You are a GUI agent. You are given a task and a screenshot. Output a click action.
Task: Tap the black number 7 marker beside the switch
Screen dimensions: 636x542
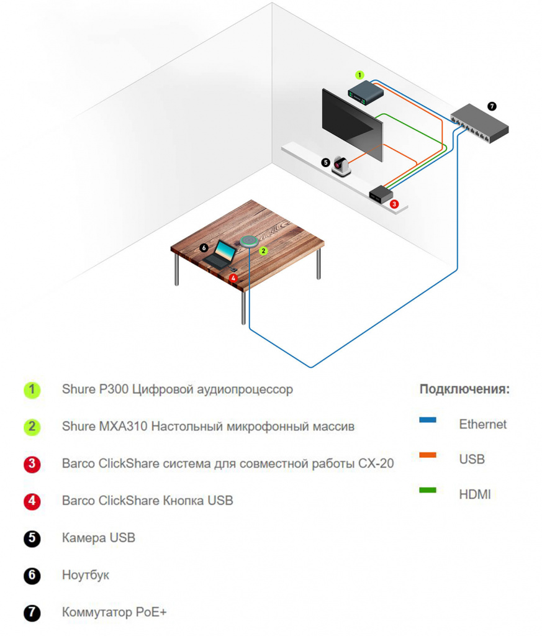tap(492, 106)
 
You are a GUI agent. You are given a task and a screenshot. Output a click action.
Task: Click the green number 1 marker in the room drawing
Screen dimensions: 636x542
tap(359, 75)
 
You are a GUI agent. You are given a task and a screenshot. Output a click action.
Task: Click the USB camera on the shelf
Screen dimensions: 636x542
tap(341, 166)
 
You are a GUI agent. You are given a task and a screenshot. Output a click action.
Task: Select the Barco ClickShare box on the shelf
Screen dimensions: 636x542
tap(379, 194)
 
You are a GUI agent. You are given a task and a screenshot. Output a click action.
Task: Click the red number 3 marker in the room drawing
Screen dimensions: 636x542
tap(394, 203)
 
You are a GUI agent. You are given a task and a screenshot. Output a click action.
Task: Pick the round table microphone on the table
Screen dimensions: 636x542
tap(249, 241)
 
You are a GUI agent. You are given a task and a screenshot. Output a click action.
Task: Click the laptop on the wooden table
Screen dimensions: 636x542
tap(220, 253)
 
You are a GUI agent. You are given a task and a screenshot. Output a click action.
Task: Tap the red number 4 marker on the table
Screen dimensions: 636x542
tap(233, 278)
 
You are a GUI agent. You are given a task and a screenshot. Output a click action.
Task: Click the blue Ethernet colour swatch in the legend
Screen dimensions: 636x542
tap(428, 420)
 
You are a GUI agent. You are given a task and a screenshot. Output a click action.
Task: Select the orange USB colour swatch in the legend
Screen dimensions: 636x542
tap(428, 455)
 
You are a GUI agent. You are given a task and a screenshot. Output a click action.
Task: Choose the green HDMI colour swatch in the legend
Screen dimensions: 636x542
tap(428, 491)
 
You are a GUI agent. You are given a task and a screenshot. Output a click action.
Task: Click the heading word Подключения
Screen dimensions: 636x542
tap(464, 389)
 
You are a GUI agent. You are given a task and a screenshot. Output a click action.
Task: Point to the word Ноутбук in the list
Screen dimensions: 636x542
tap(86, 575)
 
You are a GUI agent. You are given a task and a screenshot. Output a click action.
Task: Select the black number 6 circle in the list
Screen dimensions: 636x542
tap(32, 576)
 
